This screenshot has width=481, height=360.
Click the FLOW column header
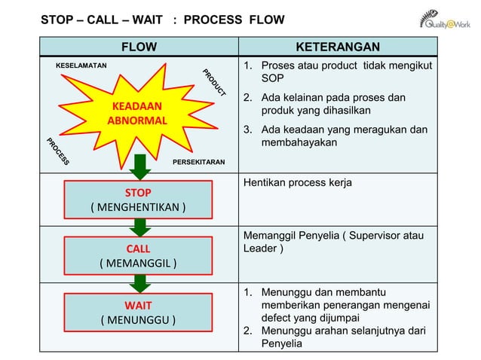coord(139,48)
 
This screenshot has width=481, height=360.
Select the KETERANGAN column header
coord(337,48)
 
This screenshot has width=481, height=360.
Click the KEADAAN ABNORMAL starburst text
coord(137,113)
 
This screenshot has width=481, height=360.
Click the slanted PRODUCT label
coord(214,83)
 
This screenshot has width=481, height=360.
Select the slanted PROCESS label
coord(58,151)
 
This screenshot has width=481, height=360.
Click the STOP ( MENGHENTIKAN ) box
coord(138,200)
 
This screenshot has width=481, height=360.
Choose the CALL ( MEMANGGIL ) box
coord(138,255)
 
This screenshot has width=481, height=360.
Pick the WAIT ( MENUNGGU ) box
coord(138,313)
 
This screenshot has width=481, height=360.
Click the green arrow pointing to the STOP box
coord(139,168)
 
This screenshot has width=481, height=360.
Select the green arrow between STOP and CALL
coord(139,227)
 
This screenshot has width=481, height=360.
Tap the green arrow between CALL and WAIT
coord(139,283)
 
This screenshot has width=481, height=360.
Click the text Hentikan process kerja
coord(297,183)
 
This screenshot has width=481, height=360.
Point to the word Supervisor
coord(375,236)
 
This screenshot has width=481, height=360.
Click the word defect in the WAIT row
coord(277,317)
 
